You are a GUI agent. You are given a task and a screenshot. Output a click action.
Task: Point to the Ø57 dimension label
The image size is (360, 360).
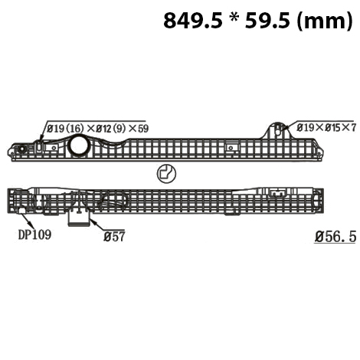(114, 237)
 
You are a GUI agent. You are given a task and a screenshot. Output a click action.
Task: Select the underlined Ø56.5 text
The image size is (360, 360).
(335, 237)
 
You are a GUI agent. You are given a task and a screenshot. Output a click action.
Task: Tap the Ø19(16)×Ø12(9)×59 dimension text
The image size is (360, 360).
(97, 128)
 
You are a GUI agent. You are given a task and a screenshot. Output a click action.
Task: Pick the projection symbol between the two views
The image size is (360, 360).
(165, 173)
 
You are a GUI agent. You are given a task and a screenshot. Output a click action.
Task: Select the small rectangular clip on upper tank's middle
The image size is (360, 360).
(231, 145)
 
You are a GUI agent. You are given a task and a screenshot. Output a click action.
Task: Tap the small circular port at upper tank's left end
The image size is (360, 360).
(23, 149)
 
